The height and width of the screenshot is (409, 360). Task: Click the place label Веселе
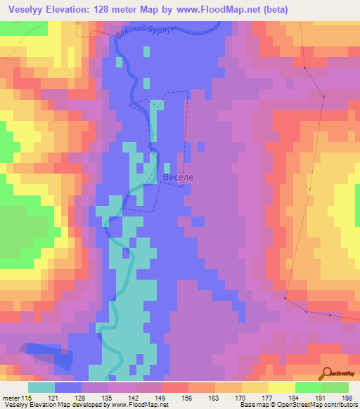coord(177,178)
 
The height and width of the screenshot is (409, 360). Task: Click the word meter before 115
coord(13,398)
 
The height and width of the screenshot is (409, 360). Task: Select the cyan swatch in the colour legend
coord(41,387)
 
